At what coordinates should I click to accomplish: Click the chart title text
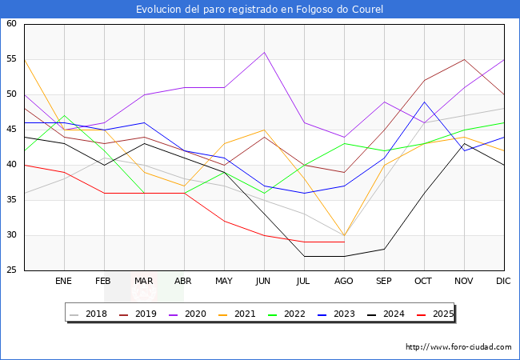click(x=260, y=10)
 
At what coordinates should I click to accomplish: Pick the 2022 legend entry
click(x=302, y=314)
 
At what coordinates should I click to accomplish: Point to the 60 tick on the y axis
click(x=12, y=24)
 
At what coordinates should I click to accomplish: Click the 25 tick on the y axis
click(x=12, y=270)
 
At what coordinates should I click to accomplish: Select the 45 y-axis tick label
click(x=12, y=130)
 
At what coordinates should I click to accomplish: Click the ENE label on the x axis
click(x=64, y=282)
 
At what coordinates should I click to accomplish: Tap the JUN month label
click(x=264, y=282)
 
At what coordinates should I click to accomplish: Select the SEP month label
click(x=384, y=282)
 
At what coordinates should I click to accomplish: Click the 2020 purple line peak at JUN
click(x=264, y=52)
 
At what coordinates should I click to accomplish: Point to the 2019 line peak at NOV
click(x=464, y=59)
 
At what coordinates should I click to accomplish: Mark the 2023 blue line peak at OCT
click(x=424, y=102)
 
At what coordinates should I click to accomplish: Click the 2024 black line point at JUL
click(x=304, y=256)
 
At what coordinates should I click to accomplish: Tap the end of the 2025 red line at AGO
click(x=344, y=242)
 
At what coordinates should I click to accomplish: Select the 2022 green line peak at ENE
click(x=64, y=115)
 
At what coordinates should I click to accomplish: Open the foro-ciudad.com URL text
click(x=458, y=347)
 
